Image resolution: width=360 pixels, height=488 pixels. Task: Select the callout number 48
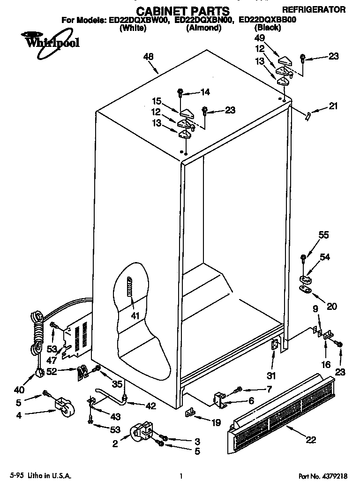point(148,57)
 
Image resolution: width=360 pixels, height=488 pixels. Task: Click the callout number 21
point(333,106)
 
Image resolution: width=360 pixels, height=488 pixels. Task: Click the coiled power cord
point(37,333)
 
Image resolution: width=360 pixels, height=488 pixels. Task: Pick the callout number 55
point(324,236)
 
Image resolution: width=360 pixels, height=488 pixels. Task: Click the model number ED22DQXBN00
point(203,21)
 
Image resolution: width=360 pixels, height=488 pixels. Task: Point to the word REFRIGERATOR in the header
point(314,9)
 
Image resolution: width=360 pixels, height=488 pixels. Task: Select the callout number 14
point(205,92)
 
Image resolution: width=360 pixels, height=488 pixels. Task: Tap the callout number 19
point(216,422)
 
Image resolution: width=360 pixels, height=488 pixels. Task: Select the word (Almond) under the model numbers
point(203,28)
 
